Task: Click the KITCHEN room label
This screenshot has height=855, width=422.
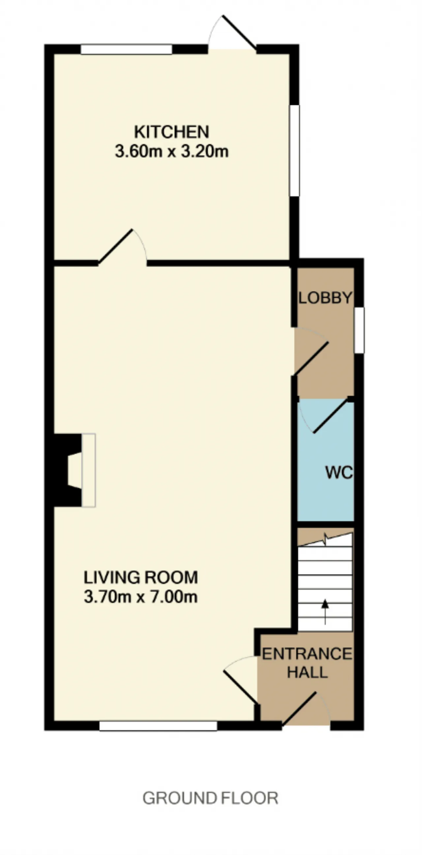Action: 172,132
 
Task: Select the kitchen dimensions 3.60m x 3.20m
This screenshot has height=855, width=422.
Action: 172,151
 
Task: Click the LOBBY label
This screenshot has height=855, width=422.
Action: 325,298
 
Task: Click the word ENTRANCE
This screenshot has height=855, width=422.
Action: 307,654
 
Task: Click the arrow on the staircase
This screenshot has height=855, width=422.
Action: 325,612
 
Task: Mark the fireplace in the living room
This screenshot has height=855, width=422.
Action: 75,470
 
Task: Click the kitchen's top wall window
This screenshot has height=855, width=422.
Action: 127,49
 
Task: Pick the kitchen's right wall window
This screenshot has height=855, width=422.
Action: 294,151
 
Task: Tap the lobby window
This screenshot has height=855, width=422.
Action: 359,330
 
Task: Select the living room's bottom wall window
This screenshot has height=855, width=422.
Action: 158,726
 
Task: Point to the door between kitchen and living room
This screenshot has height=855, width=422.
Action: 115,246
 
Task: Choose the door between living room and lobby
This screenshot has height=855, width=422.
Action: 312,359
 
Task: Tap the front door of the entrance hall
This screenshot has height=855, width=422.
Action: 299,708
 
